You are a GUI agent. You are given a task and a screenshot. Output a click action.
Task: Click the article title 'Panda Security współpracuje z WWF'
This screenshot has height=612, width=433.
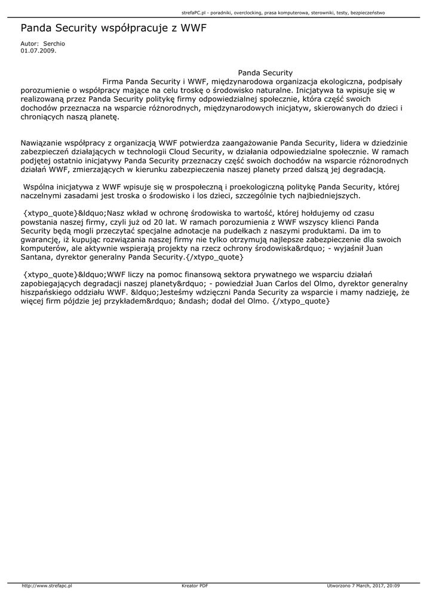[x=113, y=28]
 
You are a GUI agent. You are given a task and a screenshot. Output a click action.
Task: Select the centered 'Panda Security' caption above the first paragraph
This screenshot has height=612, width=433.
[x=265, y=73]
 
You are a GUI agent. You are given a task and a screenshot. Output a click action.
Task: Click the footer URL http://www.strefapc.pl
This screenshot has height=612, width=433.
[x=47, y=586]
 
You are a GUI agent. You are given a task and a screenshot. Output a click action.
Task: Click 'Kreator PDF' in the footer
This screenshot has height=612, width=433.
[x=195, y=586]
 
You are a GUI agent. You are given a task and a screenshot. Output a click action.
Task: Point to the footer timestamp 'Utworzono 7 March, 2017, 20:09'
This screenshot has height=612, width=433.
[x=363, y=586]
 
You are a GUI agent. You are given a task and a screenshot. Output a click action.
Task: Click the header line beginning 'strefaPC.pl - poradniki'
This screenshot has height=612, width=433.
[x=283, y=12]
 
